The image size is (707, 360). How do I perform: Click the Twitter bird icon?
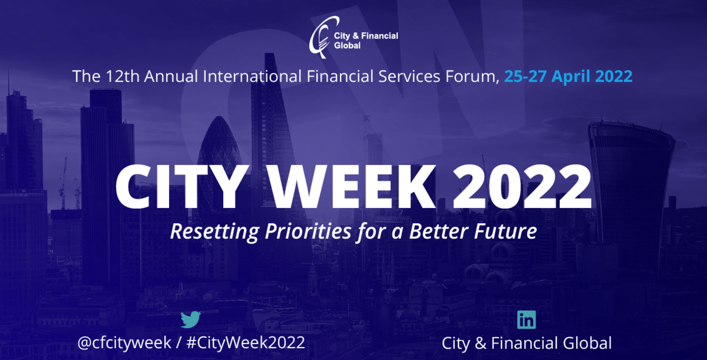click(x=191, y=319)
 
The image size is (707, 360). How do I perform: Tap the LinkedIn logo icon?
click(x=526, y=320)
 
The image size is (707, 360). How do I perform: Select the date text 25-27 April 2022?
click(x=568, y=76)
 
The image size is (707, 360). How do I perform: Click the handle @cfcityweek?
click(x=124, y=343)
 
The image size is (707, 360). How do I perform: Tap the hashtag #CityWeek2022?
click(x=246, y=343)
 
